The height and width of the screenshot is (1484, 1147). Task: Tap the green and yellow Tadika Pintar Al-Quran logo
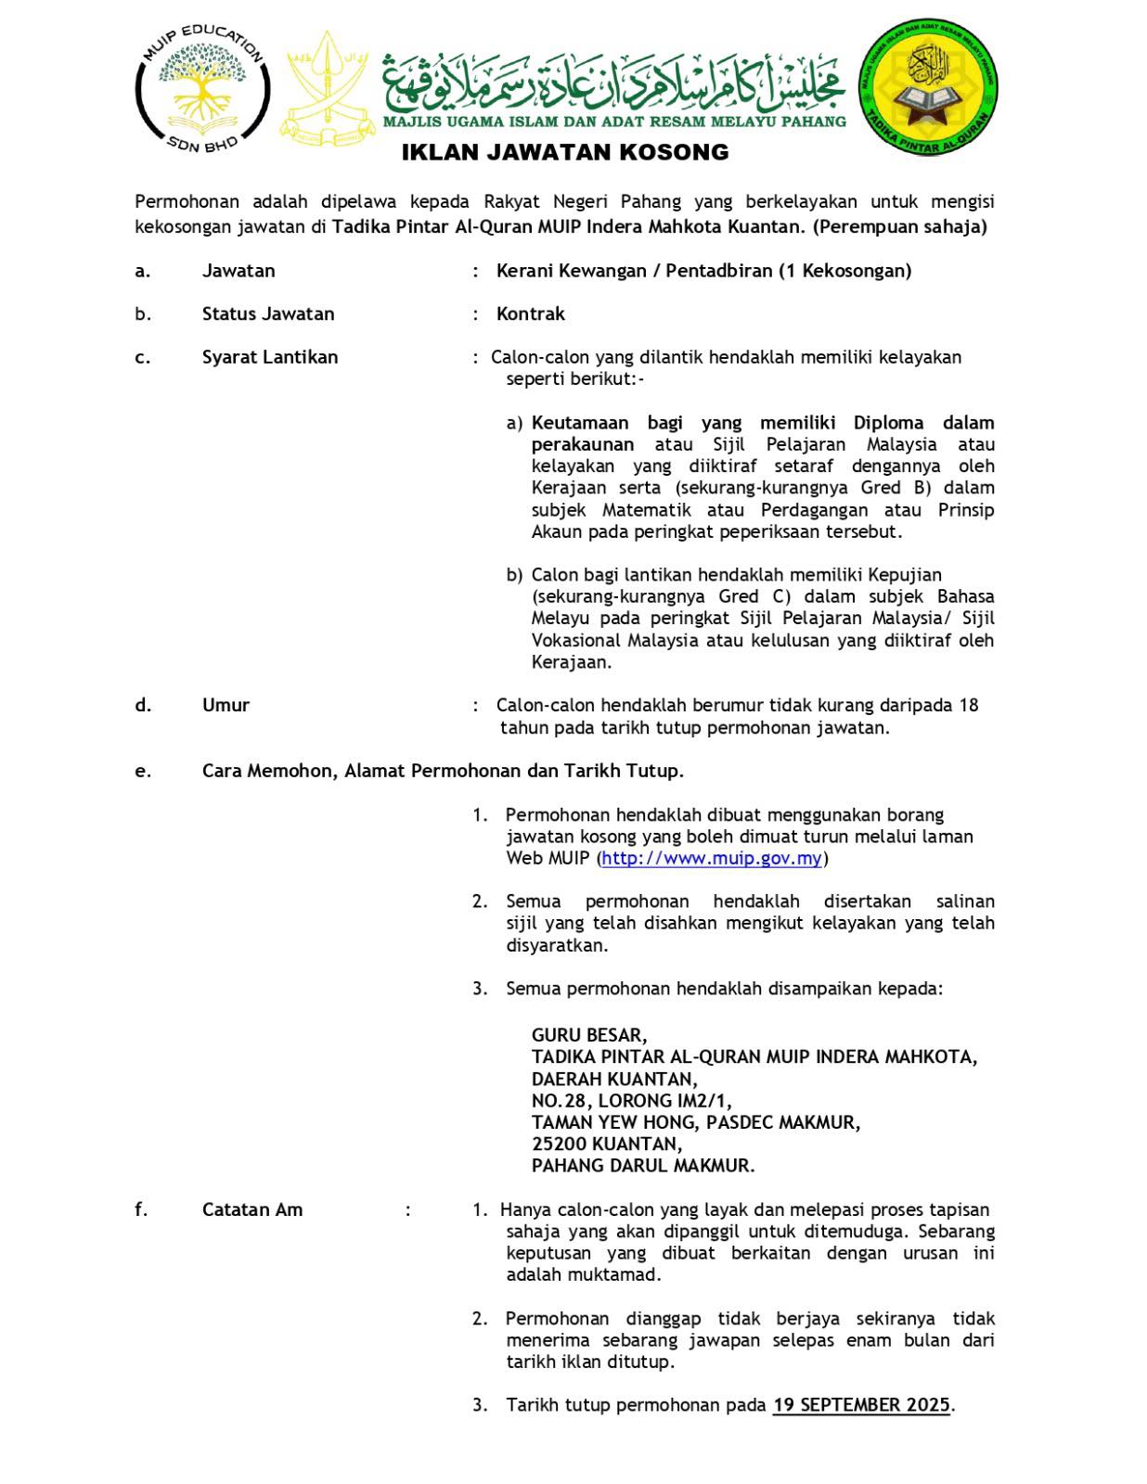[930, 90]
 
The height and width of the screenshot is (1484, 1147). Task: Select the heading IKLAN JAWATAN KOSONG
[565, 152]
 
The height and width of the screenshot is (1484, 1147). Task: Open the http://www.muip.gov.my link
[712, 858]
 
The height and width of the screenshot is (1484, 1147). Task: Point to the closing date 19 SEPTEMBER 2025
[861, 1404]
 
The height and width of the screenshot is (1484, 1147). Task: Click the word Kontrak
[531, 313]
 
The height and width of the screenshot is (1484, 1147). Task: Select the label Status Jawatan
[268, 313]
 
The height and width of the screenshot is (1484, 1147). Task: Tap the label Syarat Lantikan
[270, 357]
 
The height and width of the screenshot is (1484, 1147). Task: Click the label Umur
[226, 705]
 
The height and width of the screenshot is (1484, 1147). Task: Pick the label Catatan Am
[252, 1209]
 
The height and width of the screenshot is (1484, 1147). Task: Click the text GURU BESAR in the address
[589, 1035]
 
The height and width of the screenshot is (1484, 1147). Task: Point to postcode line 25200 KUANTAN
[606, 1144]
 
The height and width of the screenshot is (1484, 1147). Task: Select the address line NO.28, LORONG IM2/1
[631, 1101]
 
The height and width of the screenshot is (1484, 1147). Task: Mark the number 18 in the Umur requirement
[968, 705]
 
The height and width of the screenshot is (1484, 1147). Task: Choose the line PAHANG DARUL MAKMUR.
[643, 1166]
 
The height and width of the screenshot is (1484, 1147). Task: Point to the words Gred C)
[754, 596]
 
